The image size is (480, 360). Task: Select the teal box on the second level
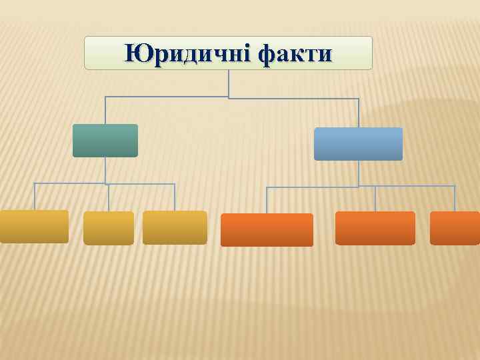click(x=105, y=141)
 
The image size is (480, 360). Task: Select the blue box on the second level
click(x=358, y=144)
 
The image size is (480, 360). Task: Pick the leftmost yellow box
click(x=34, y=227)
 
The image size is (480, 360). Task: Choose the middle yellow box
click(x=109, y=228)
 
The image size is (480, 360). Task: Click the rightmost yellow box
click(x=175, y=227)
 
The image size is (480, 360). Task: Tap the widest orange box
click(x=267, y=230)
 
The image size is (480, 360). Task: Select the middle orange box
click(x=375, y=228)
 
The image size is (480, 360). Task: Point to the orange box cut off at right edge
click(x=455, y=228)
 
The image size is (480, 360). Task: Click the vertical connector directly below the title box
click(x=229, y=83)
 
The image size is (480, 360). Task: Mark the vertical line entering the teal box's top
click(x=105, y=111)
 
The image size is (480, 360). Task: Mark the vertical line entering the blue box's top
click(x=359, y=113)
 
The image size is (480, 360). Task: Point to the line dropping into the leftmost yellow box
click(x=35, y=197)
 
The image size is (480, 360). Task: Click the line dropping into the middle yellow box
click(x=109, y=198)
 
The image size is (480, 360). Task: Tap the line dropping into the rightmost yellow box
click(x=175, y=197)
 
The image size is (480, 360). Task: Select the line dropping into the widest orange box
click(x=267, y=201)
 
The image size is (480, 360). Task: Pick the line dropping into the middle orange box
click(x=375, y=199)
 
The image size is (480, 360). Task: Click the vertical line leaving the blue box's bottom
click(x=359, y=173)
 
